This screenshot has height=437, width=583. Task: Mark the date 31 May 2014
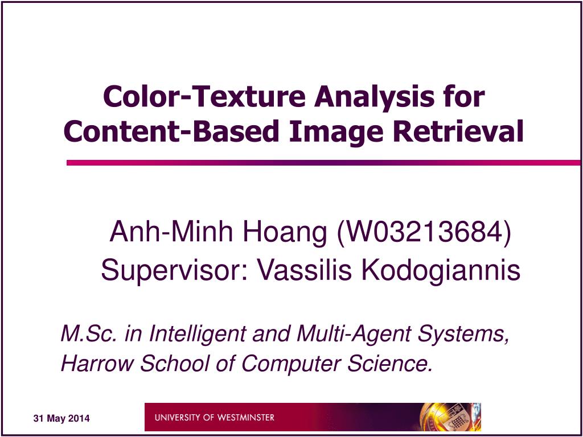click(61, 419)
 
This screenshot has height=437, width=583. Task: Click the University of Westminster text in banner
click(214, 418)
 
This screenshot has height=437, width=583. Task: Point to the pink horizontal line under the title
click(319, 163)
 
